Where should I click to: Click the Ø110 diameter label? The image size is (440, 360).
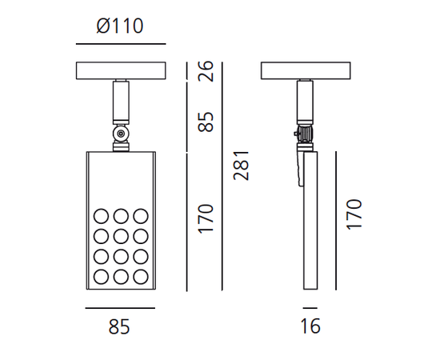[119, 26]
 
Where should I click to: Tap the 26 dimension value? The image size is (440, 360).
[206, 71]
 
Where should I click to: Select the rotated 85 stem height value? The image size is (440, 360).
[206, 122]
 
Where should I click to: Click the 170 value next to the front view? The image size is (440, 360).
[206, 218]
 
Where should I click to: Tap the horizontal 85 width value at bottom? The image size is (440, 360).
[118, 326]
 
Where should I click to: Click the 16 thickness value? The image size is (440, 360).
[310, 326]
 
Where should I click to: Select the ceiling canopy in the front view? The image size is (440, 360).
[119, 70]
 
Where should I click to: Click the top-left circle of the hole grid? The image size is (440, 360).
[101, 216]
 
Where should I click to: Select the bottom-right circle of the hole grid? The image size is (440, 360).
[140, 277]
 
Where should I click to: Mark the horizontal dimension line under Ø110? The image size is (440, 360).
[119, 44]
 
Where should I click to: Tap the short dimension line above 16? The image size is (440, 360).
[310, 306]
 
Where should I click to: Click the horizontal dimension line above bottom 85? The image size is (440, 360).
[118, 306]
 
